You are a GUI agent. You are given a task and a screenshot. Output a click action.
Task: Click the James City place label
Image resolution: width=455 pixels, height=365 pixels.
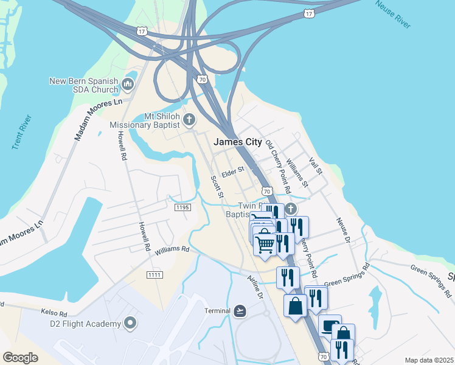pyautogui.click(x=238, y=142)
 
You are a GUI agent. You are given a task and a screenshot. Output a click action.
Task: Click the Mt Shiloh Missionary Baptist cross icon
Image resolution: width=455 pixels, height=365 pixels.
pyautogui.click(x=189, y=119)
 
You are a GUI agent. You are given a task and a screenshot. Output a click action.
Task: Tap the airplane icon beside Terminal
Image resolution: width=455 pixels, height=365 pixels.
pyautogui.click(x=240, y=311)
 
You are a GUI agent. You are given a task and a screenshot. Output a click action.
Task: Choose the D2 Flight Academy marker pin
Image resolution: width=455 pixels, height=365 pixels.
pyautogui.click(x=129, y=323)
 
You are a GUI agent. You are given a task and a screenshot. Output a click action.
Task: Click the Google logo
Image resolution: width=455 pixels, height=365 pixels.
pyautogui.click(x=21, y=357)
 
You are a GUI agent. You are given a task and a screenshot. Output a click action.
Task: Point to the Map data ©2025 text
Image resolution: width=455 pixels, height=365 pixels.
pyautogui.click(x=429, y=360)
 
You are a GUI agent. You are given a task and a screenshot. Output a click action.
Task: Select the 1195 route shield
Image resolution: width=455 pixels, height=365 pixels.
pyautogui.click(x=182, y=208)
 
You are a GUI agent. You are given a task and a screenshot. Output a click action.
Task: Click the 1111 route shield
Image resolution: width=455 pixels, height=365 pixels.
pyautogui.click(x=155, y=276)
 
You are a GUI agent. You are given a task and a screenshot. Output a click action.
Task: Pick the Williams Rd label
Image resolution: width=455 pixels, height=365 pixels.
pyautogui.click(x=172, y=249)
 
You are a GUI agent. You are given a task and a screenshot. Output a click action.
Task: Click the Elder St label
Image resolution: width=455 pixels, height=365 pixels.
pyautogui.click(x=232, y=171)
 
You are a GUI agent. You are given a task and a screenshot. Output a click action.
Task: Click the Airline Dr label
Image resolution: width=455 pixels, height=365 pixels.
pyautogui.click(x=254, y=286)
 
